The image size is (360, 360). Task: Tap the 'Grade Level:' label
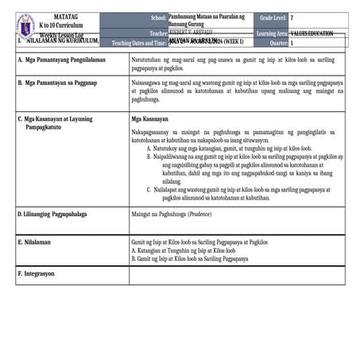tap(271, 17)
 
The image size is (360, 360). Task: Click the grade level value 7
tap(292, 17)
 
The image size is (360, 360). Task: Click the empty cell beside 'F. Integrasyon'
tap(237, 275)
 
